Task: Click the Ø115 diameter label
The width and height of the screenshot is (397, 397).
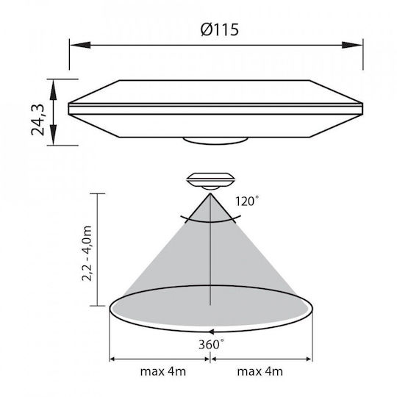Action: [x=220, y=29]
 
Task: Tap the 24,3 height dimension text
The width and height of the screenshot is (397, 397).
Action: [x=37, y=120]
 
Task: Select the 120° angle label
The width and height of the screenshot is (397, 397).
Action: [x=247, y=201]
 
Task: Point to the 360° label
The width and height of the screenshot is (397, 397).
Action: [x=211, y=344]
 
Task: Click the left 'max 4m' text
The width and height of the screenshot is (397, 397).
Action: [x=163, y=372]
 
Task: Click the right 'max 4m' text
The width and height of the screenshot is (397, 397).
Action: [x=260, y=372]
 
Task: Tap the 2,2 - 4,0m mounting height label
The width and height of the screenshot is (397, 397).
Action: [x=87, y=253]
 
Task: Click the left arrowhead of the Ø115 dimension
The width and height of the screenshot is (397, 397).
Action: [x=80, y=46]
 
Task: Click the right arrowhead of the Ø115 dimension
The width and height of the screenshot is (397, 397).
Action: [x=352, y=46]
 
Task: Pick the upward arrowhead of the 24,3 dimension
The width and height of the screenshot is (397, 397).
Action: [x=53, y=90]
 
